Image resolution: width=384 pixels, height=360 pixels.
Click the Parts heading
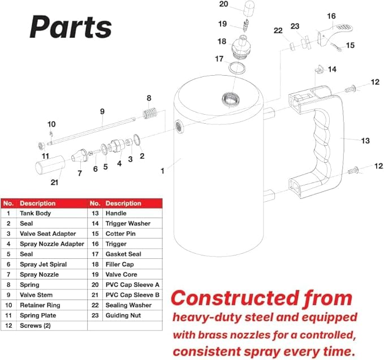[x=71, y=27]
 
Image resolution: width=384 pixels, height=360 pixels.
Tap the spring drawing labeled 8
[x=150, y=113]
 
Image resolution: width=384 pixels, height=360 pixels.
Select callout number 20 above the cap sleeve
[x=223, y=4]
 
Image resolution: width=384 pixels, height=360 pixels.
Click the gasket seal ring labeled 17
[x=237, y=68]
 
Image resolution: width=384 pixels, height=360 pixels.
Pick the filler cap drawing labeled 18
[x=241, y=47]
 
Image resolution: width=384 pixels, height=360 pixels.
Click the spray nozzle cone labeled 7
[x=79, y=155]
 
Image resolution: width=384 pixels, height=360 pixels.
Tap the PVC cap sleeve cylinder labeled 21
[x=50, y=164]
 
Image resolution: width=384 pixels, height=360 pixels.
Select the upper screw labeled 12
[x=350, y=89]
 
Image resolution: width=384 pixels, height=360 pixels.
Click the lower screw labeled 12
[x=353, y=170]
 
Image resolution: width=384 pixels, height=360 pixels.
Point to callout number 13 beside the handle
[x=365, y=141]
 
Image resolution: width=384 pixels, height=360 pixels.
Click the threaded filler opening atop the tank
[x=231, y=99]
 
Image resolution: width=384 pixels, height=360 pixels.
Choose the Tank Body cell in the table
[x=35, y=213]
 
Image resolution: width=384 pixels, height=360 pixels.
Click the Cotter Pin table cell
[x=120, y=234]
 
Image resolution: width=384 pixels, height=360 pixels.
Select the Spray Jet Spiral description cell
[x=44, y=264]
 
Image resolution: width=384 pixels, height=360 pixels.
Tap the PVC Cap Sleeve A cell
[x=132, y=285]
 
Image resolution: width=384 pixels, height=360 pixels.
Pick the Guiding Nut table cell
[x=123, y=315]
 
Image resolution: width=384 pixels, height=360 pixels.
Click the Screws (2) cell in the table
[x=35, y=326]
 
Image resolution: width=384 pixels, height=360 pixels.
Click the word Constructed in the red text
[x=235, y=298]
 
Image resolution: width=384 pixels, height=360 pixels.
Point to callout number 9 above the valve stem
[x=102, y=111]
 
